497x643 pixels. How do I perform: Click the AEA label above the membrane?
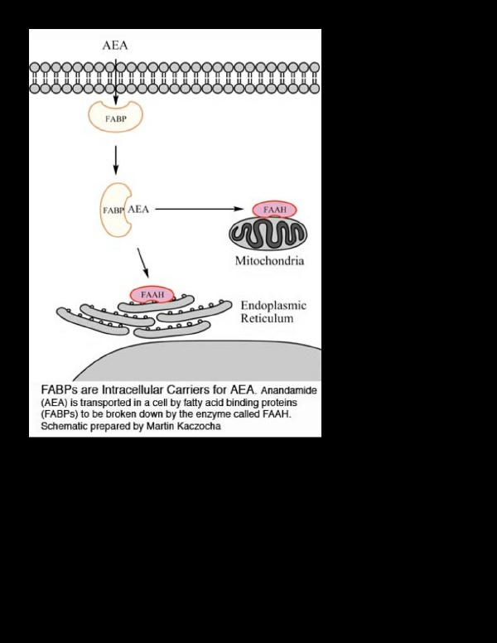pyautogui.click(x=115, y=46)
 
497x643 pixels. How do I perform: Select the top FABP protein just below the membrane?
pyautogui.click(x=116, y=118)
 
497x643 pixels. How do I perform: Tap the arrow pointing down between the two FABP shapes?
pyautogui.click(x=116, y=159)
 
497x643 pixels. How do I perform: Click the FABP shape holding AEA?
pyautogui.click(x=112, y=210)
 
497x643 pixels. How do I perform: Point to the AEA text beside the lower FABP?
pyautogui.click(x=138, y=210)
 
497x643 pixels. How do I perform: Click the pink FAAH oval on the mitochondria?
pyautogui.click(x=274, y=210)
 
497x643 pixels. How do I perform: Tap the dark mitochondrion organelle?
pyautogui.click(x=268, y=234)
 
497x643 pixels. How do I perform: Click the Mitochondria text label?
pyautogui.click(x=269, y=261)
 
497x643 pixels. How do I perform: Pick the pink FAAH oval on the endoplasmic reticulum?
pyautogui.click(x=152, y=295)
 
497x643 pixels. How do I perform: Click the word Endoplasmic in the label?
pyautogui.click(x=273, y=306)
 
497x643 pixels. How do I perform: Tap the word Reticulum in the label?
pyautogui.click(x=267, y=318)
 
